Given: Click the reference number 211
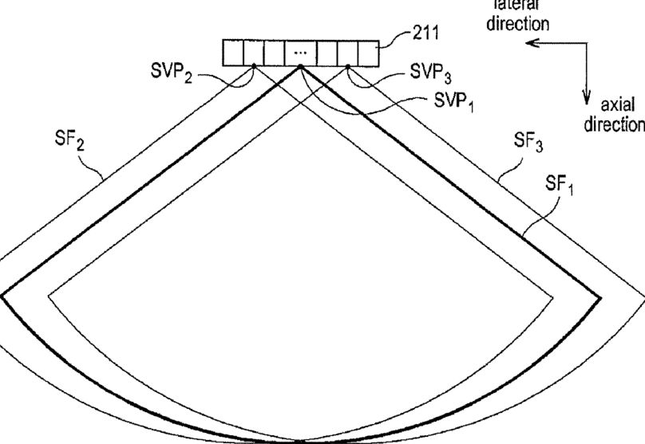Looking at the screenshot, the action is click(429, 35).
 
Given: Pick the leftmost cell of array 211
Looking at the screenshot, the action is click(232, 52).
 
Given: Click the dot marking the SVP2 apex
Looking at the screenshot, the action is click(253, 67).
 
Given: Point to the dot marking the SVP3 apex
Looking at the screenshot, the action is click(349, 67).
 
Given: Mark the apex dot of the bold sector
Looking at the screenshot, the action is click(301, 67).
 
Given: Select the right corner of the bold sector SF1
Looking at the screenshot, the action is click(600, 297).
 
